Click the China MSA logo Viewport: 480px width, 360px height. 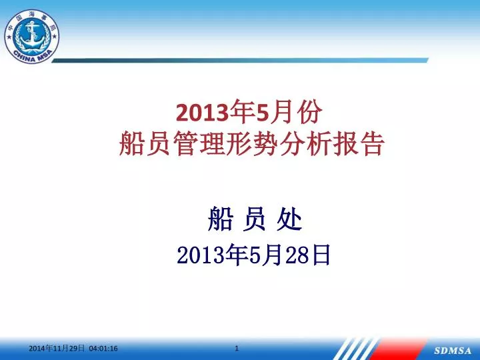tap(32, 36)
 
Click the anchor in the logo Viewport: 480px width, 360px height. tap(31, 33)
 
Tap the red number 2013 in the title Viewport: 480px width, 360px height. tap(203, 113)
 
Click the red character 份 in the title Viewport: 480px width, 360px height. tap(311, 112)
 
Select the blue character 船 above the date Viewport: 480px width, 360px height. tap(221, 219)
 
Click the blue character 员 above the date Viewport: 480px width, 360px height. tap(255, 219)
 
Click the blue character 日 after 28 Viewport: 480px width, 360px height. tap(321, 255)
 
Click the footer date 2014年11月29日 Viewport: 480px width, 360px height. tap(57, 348)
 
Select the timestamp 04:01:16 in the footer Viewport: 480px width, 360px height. tap(103, 349)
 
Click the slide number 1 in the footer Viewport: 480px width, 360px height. tap(237, 348)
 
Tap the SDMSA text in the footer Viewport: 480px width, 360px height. tap(453, 351)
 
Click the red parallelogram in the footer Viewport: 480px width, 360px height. tap(398, 349)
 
